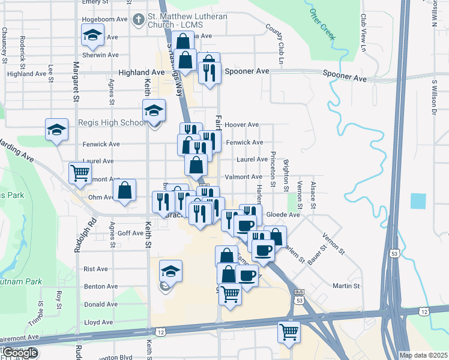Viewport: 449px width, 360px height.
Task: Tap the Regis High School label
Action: [x=112, y=123]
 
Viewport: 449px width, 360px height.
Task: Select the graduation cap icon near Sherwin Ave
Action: [x=93, y=37]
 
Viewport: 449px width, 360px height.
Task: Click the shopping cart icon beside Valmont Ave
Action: [x=80, y=173]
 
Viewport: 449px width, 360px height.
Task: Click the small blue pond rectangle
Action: [x=418, y=201]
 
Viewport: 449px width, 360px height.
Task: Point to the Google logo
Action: [x=20, y=353]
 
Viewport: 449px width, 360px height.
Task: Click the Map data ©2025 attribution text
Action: [x=423, y=355]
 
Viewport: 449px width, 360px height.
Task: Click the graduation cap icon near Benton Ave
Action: [x=171, y=272]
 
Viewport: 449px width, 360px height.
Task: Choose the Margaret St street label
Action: [x=76, y=81]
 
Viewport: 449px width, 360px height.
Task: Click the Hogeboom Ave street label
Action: [x=105, y=19]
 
